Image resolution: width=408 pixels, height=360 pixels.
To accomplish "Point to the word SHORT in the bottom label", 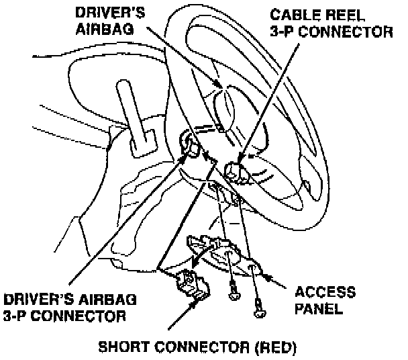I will click(x=124, y=348).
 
